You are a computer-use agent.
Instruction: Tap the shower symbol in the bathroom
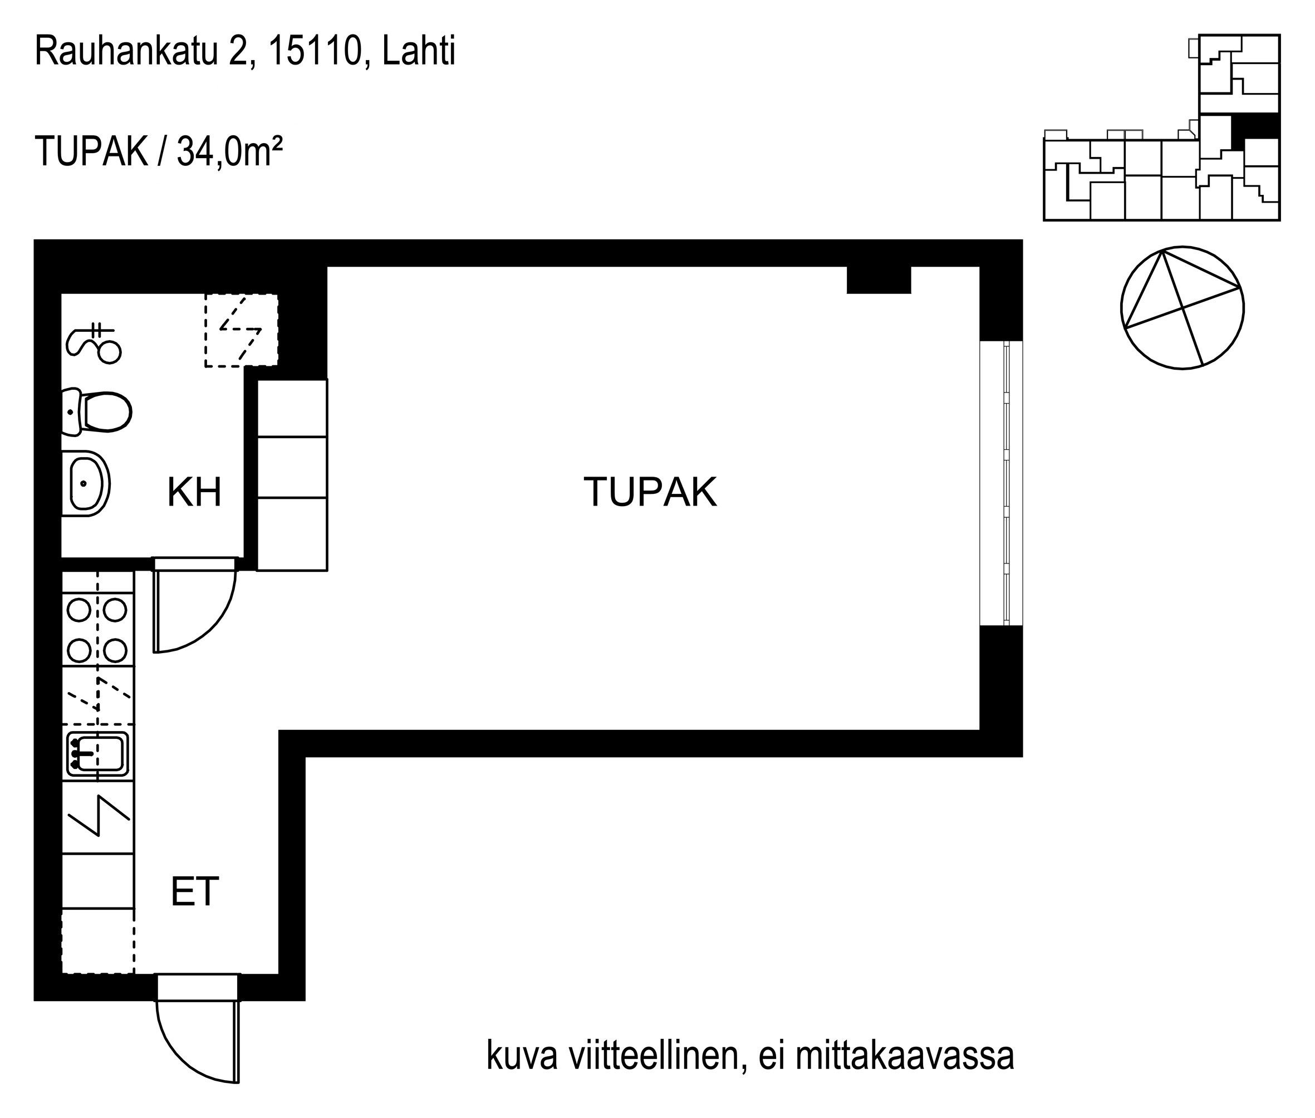pyautogui.click(x=93, y=343)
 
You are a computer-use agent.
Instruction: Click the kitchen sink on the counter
pyautogui.click(x=97, y=753)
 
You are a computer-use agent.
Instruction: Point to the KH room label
pyautogui.click(x=194, y=492)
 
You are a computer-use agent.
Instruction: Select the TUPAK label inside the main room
pyautogui.click(x=650, y=492)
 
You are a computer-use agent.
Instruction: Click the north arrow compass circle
pyautogui.click(x=1182, y=308)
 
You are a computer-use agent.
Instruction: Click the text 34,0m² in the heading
pyautogui.click(x=229, y=152)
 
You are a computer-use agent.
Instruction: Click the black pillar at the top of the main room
pyautogui.click(x=879, y=279)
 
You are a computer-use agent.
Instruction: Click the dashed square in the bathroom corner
pyautogui.click(x=242, y=330)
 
